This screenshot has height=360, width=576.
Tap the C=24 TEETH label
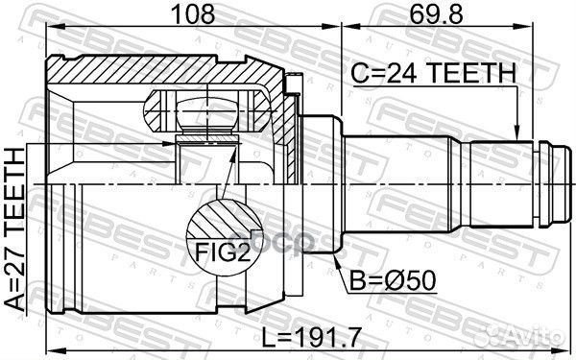click(433, 71)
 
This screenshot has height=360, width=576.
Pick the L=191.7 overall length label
click(308, 337)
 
